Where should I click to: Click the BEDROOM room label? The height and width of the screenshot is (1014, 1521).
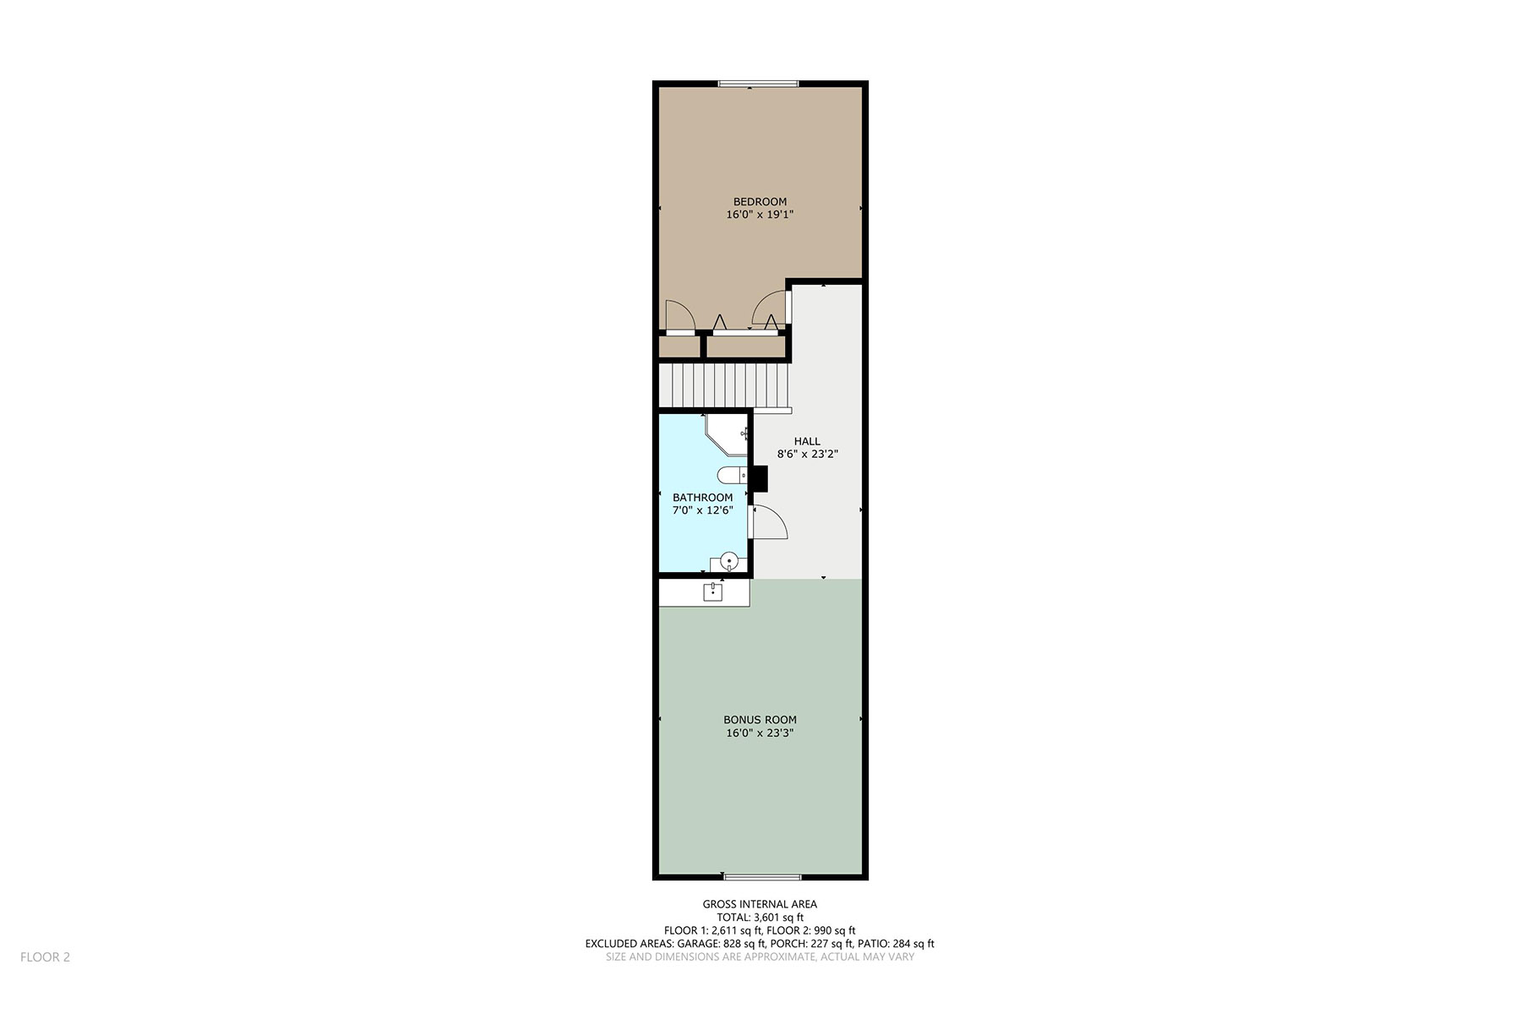click(760, 202)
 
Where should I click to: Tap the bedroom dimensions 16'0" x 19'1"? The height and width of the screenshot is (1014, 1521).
click(760, 215)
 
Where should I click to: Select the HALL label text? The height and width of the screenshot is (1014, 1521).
click(807, 441)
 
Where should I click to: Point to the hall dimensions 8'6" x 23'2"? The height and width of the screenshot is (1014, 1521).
click(807, 454)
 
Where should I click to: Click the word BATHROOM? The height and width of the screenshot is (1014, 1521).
click(702, 498)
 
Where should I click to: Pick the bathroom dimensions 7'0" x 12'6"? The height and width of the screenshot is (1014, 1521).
click(702, 510)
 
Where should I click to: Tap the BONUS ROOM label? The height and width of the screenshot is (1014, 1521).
click(760, 720)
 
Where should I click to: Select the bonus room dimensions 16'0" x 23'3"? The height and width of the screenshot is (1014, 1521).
click(760, 733)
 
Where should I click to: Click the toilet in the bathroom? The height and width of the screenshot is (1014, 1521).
click(732, 475)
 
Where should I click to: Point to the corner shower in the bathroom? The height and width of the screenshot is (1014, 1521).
click(728, 433)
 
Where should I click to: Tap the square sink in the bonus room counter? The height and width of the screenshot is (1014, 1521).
click(713, 591)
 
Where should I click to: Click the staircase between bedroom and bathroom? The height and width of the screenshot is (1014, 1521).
click(724, 385)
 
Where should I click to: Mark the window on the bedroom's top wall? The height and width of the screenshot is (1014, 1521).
click(758, 84)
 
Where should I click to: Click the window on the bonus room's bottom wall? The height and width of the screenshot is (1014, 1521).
click(762, 877)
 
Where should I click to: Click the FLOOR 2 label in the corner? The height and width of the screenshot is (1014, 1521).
click(45, 957)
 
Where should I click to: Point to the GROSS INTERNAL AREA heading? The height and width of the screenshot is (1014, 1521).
click(760, 904)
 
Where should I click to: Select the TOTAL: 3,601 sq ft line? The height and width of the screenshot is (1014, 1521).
click(760, 917)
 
